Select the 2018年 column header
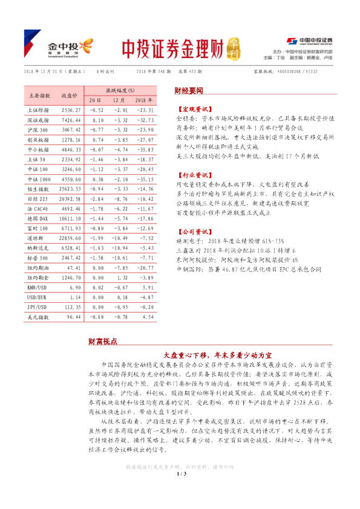point(143,100)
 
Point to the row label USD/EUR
point(39,298)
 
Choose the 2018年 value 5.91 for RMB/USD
point(143,288)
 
